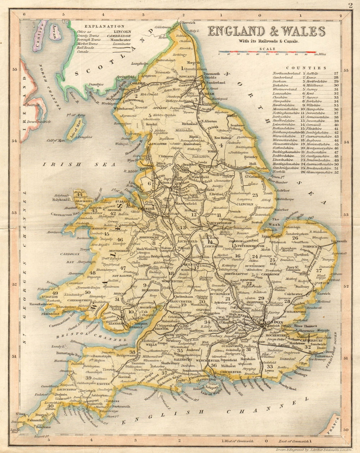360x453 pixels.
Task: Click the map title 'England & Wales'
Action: [266, 32]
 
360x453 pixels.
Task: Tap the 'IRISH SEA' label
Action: [79, 164]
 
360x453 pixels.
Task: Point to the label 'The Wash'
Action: [276, 222]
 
